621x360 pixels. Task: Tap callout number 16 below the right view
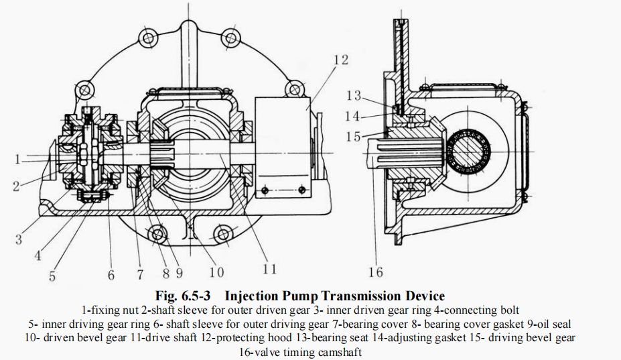[x=375, y=272]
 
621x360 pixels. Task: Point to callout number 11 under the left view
[x=269, y=269]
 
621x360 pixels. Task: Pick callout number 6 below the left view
[x=111, y=274]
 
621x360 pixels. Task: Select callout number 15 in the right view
[x=354, y=137]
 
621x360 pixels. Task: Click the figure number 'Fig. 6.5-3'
[x=184, y=296]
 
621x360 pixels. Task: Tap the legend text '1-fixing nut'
[x=111, y=310]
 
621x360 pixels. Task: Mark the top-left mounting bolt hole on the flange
[x=84, y=89]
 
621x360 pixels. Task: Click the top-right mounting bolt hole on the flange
[x=293, y=89]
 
